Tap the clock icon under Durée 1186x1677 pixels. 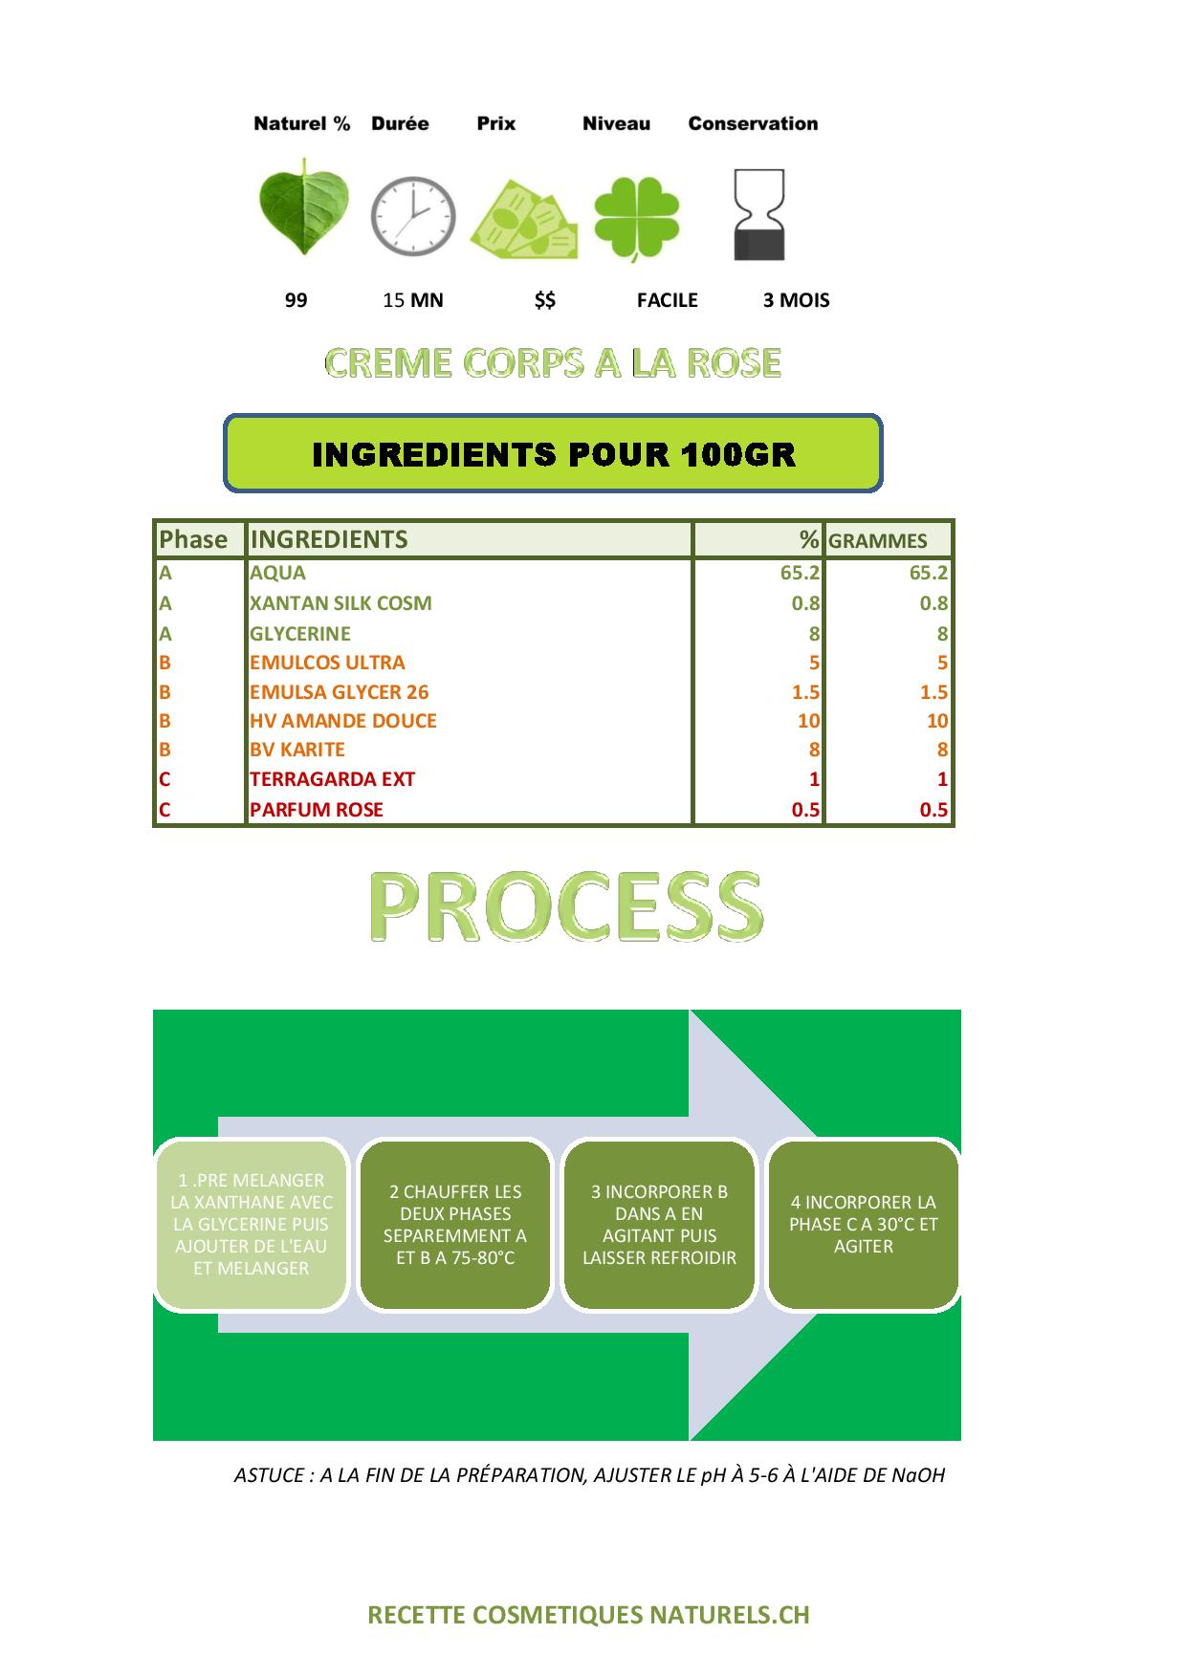point(413,216)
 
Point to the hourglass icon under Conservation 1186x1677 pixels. point(758,215)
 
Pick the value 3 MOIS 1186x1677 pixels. point(796,300)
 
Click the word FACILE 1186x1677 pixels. point(668,300)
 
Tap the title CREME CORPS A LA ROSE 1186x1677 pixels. point(553,362)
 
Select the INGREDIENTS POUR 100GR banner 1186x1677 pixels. point(553,453)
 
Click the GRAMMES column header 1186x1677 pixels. point(877,541)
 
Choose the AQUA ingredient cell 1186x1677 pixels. point(277,573)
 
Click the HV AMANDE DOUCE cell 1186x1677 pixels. point(342,721)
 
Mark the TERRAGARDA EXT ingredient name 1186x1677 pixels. point(332,779)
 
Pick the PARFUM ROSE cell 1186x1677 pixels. point(316,810)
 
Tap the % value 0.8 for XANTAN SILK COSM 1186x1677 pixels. point(805,603)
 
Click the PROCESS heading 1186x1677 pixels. point(566,907)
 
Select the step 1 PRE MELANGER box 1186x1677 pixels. point(252,1224)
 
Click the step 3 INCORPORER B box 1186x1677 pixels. point(660,1224)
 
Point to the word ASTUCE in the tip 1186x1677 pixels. point(269,1475)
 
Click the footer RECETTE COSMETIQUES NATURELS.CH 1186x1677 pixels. point(589,1615)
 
